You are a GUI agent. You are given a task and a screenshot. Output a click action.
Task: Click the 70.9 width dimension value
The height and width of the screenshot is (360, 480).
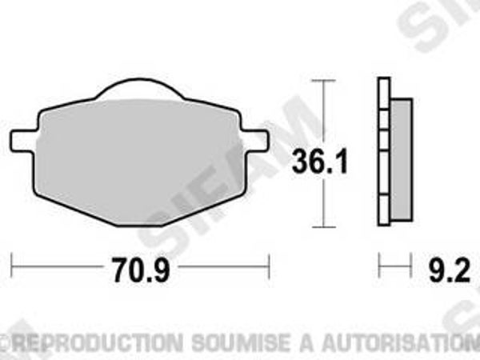click(141, 270)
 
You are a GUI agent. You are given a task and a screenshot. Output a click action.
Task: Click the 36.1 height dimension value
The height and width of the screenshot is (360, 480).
click(319, 161)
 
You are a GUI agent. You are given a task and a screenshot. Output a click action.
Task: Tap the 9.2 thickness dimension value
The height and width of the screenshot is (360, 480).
click(449, 270)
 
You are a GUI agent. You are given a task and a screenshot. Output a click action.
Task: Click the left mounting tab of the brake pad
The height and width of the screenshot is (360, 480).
click(24, 141)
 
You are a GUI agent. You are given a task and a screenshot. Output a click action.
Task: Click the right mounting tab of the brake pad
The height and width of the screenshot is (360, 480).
click(256, 141)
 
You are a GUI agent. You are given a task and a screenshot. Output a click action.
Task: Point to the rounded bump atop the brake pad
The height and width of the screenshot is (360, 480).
click(139, 89)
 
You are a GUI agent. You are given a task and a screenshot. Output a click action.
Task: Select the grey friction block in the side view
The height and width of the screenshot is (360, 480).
click(402, 159)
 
